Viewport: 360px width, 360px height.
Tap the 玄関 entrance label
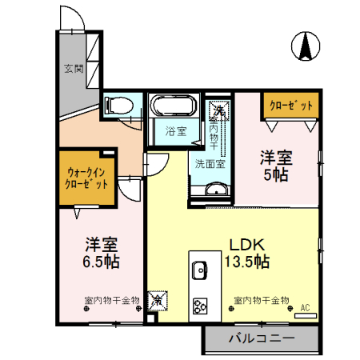tap(70, 68)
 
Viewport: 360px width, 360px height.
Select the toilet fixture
tap(114, 104)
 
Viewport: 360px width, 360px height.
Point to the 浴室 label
tap(176, 130)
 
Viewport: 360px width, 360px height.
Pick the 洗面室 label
tap(210, 163)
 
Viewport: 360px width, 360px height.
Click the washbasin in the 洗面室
tap(214, 189)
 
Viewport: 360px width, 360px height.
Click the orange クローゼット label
tap(291, 104)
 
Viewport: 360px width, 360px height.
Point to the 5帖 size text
tap(278, 174)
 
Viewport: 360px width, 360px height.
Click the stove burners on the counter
tap(199, 306)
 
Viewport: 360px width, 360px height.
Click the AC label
tap(305, 306)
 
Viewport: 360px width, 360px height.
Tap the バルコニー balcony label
tap(261, 338)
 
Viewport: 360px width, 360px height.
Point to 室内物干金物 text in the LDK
tap(262, 300)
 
